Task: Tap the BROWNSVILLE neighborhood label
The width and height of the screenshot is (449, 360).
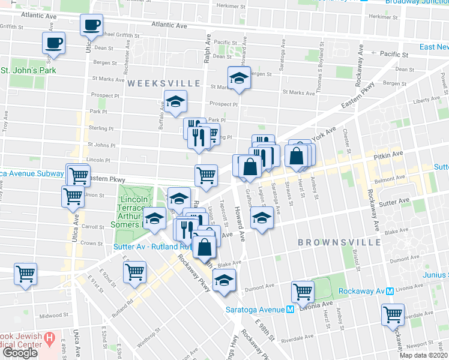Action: tap(340, 242)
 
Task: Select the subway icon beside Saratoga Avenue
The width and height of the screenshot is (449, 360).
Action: tap(290, 310)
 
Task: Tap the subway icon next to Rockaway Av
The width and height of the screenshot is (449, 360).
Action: tap(390, 291)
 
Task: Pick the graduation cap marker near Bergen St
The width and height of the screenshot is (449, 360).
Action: tap(239, 77)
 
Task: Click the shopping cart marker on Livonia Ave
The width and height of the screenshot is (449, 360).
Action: tap(303, 292)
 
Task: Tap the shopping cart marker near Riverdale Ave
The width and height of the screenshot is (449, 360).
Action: tap(393, 315)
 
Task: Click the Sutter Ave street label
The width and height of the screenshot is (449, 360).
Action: tap(393, 202)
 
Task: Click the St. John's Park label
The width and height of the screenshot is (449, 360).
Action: tap(28, 71)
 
